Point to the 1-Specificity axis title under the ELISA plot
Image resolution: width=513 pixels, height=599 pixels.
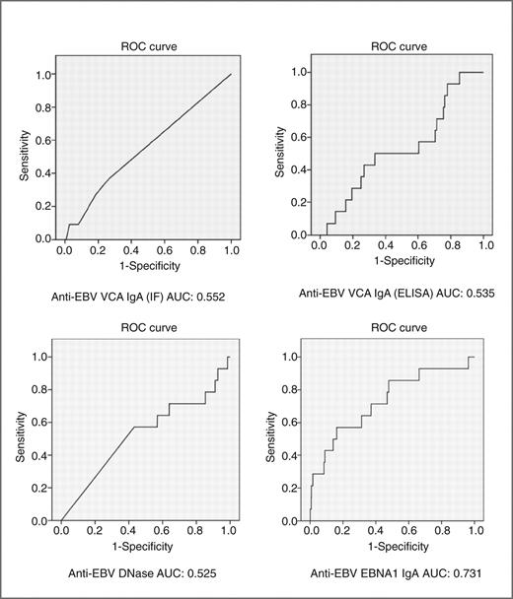point(383,259)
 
